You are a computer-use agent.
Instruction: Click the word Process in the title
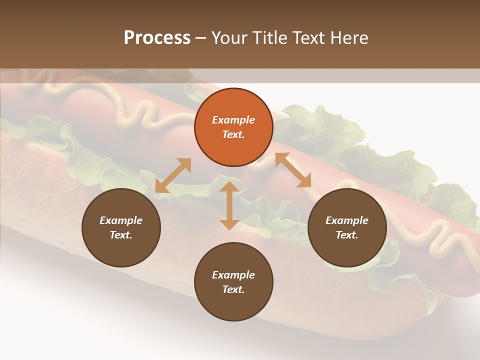click(x=157, y=38)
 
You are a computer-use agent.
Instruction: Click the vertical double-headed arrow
click(x=229, y=205)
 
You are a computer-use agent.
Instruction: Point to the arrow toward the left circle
click(x=173, y=175)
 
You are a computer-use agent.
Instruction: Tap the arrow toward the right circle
click(x=293, y=170)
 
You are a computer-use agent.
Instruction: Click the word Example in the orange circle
click(x=233, y=120)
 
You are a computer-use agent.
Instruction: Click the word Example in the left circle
click(x=121, y=220)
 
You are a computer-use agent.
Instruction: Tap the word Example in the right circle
click(x=347, y=220)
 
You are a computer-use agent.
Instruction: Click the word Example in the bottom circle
click(x=233, y=275)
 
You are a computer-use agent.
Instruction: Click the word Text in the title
click(x=310, y=38)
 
